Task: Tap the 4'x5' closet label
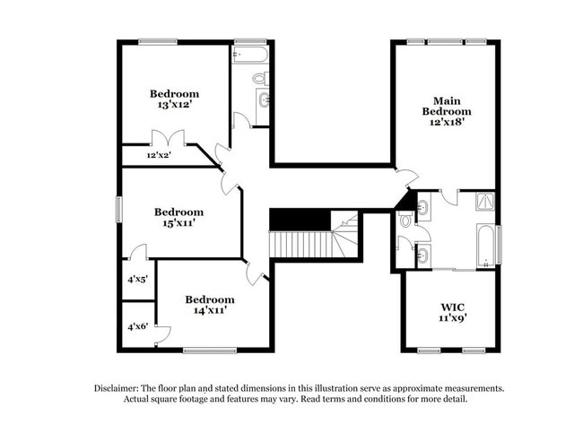(x=136, y=279)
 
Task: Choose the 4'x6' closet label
(x=136, y=327)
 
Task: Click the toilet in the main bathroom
(x=405, y=220)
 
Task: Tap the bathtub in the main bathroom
(x=485, y=246)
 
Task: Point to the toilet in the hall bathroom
(x=258, y=79)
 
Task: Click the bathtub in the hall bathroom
(x=249, y=54)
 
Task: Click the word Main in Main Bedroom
(x=446, y=100)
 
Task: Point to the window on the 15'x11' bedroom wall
(x=119, y=209)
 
